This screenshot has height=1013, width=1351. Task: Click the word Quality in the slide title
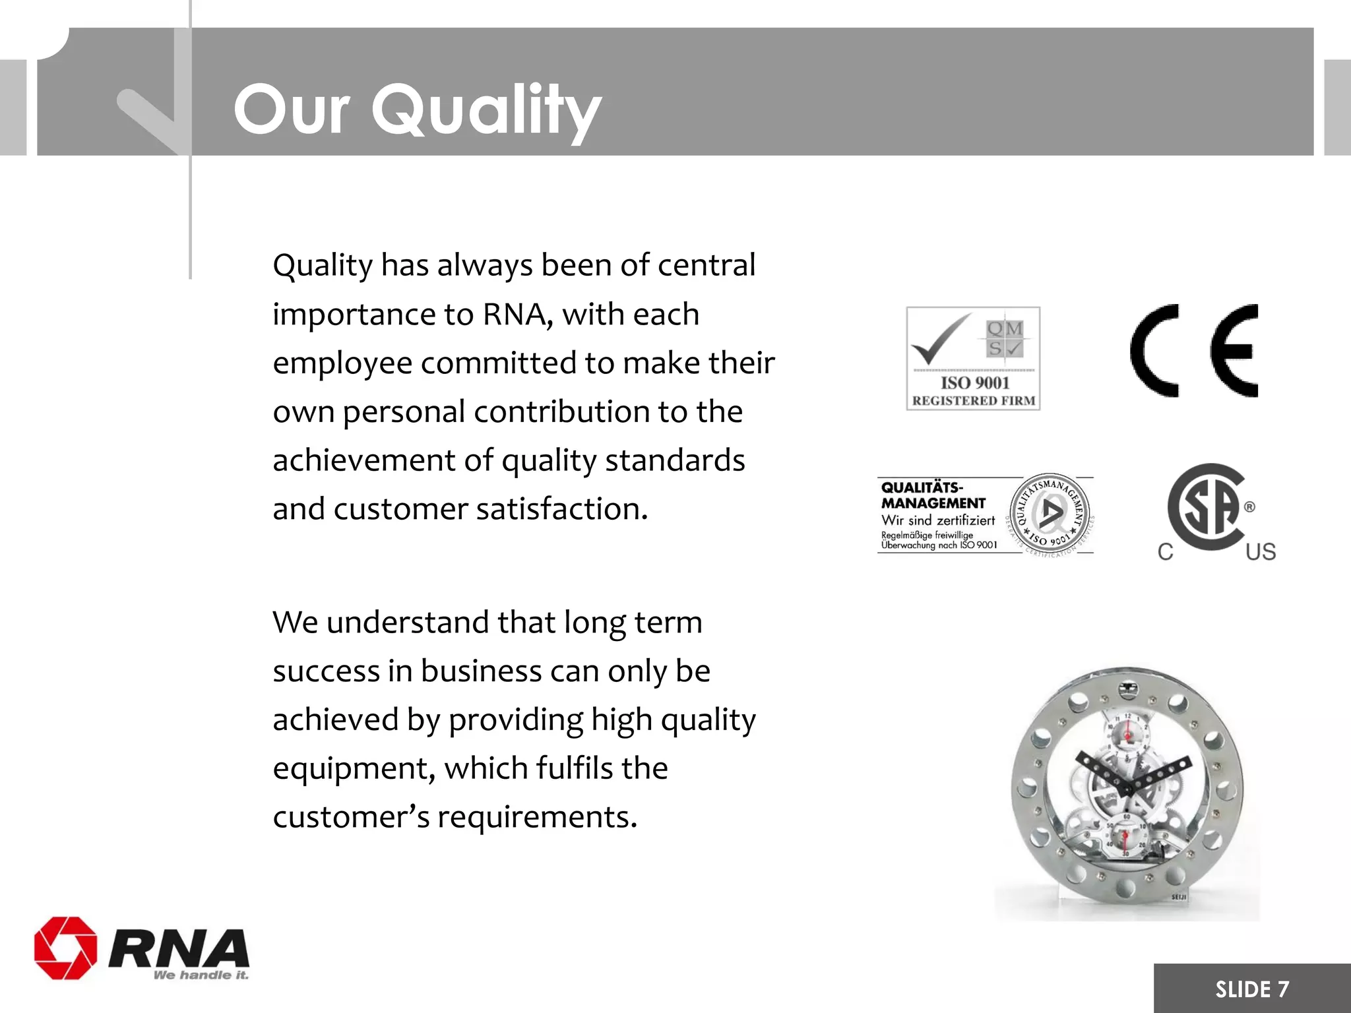(486, 111)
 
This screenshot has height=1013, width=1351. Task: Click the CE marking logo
(1194, 351)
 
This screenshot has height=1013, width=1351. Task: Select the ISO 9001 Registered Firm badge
(973, 358)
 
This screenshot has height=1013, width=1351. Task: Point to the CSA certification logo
(1207, 508)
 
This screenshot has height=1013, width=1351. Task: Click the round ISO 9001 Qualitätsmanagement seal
(1050, 513)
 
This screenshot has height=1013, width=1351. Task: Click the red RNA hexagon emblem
(65, 948)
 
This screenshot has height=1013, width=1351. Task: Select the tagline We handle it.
(201, 975)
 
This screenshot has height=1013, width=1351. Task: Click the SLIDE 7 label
(1251, 989)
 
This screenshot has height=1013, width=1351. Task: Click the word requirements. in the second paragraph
(537, 817)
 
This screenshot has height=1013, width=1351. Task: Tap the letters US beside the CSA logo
(1260, 552)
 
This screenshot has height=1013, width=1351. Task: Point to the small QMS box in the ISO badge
(1004, 338)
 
